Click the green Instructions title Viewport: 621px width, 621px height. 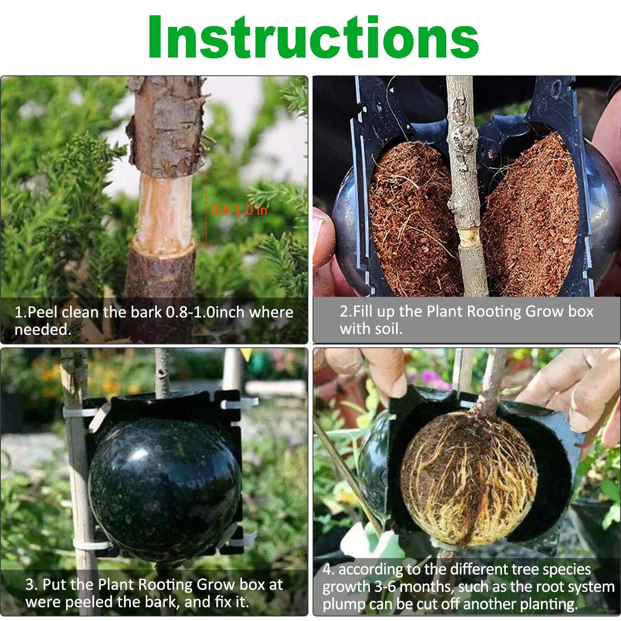(313, 37)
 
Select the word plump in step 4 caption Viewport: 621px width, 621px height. (343, 605)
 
